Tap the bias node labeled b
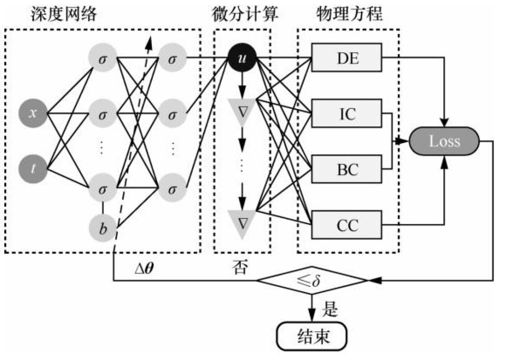pyautogui.click(x=103, y=228)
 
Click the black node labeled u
pyautogui.click(x=241, y=59)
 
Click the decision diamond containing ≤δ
pyautogui.click(x=311, y=282)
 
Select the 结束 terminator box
pyautogui.click(x=312, y=337)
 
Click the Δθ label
pyautogui.click(x=146, y=269)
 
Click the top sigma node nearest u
pyautogui.click(x=172, y=59)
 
